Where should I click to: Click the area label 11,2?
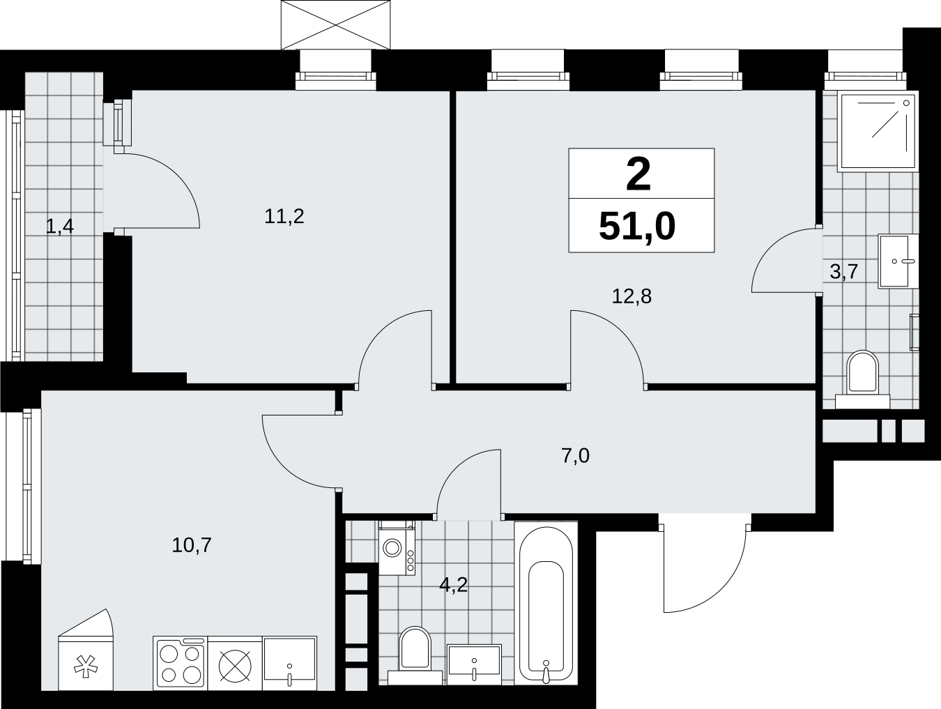(x=284, y=217)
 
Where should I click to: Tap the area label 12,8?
(x=632, y=296)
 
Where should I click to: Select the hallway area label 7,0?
(x=575, y=456)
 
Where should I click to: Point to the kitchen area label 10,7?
(x=192, y=545)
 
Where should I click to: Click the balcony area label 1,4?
(x=59, y=227)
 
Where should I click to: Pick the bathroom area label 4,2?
(x=453, y=585)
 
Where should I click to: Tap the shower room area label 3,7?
(x=843, y=272)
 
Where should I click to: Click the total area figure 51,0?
(x=638, y=227)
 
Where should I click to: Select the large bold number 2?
(x=638, y=174)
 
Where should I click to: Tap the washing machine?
(x=397, y=547)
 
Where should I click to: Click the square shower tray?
(x=878, y=131)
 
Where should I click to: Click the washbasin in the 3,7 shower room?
(x=898, y=261)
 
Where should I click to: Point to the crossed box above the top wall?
(x=336, y=25)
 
